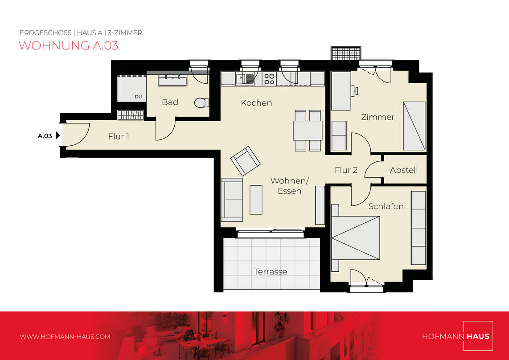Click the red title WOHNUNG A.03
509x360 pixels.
68,45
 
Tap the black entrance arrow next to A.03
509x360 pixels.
58,135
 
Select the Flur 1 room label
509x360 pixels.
119,137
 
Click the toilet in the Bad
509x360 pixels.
201,103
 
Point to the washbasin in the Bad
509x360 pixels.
172,80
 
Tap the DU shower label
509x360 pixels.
138,97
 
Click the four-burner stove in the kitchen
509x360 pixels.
270,79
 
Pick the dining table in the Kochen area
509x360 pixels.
308,131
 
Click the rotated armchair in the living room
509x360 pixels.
246,161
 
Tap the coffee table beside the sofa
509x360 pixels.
256,200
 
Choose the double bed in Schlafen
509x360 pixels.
356,238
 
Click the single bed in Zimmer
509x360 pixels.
414,126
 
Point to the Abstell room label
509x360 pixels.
404,170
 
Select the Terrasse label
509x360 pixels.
271,272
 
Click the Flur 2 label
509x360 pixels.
346,170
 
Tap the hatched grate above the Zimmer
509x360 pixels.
346,53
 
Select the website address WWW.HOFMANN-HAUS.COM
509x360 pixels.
65,337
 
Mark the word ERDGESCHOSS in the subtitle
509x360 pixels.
45,33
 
